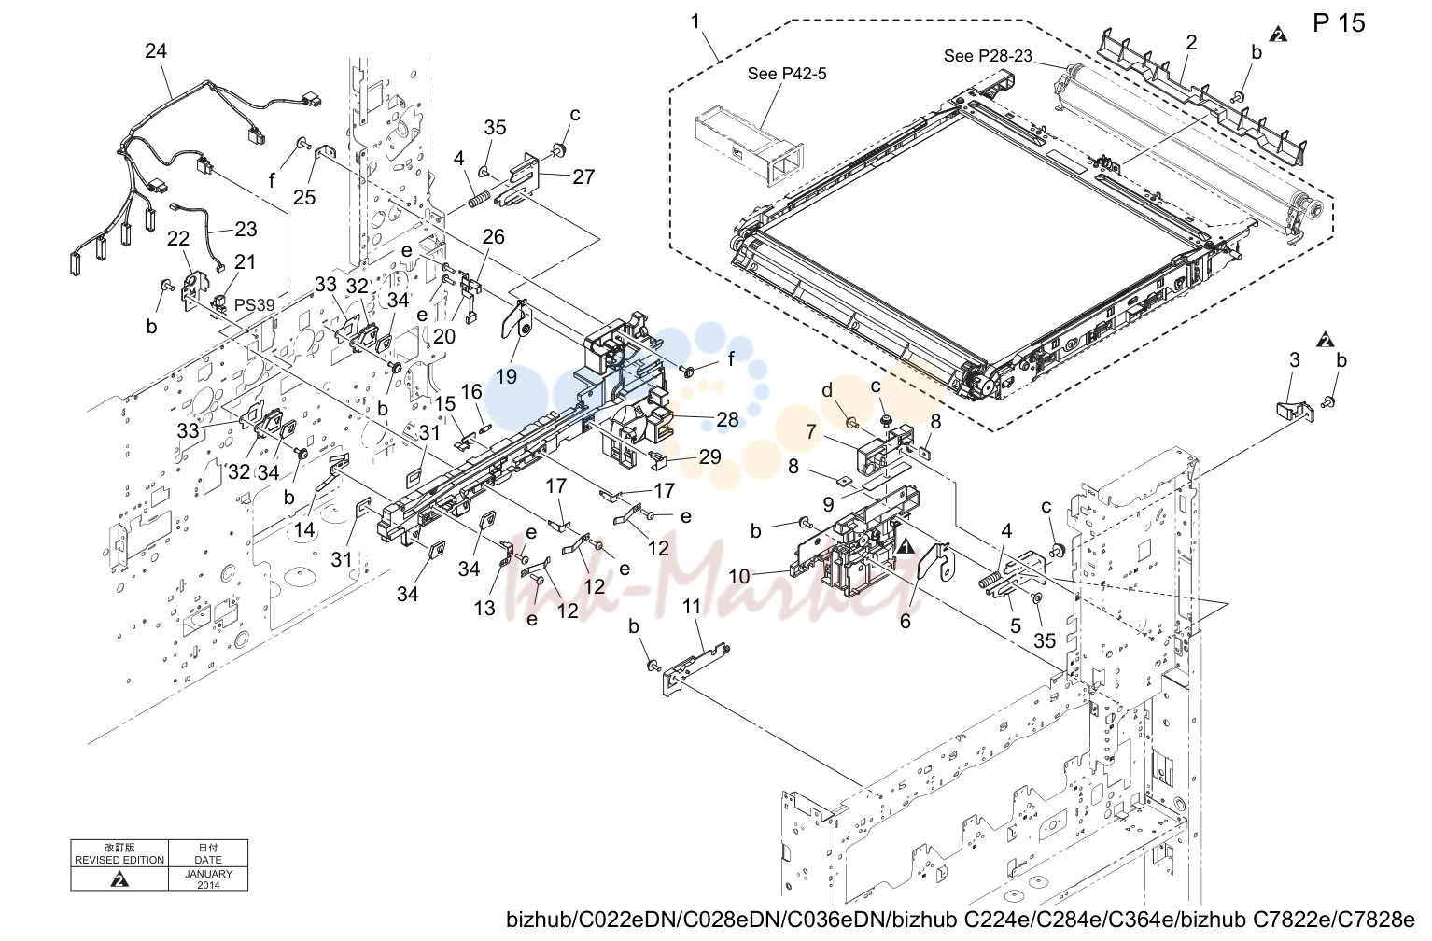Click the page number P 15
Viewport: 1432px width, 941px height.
1339,23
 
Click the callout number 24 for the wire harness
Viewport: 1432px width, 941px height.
156,50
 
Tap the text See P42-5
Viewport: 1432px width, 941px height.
787,74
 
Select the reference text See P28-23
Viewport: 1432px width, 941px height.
988,56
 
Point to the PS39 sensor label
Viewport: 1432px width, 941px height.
255,305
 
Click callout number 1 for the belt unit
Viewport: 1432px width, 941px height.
695,21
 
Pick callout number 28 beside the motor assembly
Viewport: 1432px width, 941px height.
727,419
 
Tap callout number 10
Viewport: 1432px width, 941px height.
739,577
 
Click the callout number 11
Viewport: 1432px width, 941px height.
692,606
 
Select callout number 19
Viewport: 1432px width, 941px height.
506,376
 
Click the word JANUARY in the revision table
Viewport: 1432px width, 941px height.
208,874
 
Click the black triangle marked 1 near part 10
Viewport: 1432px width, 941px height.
906,545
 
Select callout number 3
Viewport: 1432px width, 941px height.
1295,360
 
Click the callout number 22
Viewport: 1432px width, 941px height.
177,238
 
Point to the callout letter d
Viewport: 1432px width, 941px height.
826,389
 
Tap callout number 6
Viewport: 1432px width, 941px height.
906,621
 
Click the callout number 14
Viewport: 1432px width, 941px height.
304,529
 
